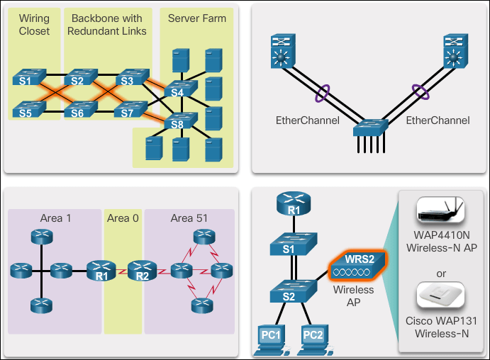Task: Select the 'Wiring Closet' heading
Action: click(x=35, y=24)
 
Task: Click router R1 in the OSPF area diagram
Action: click(x=101, y=271)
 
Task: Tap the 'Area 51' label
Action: click(x=189, y=218)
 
